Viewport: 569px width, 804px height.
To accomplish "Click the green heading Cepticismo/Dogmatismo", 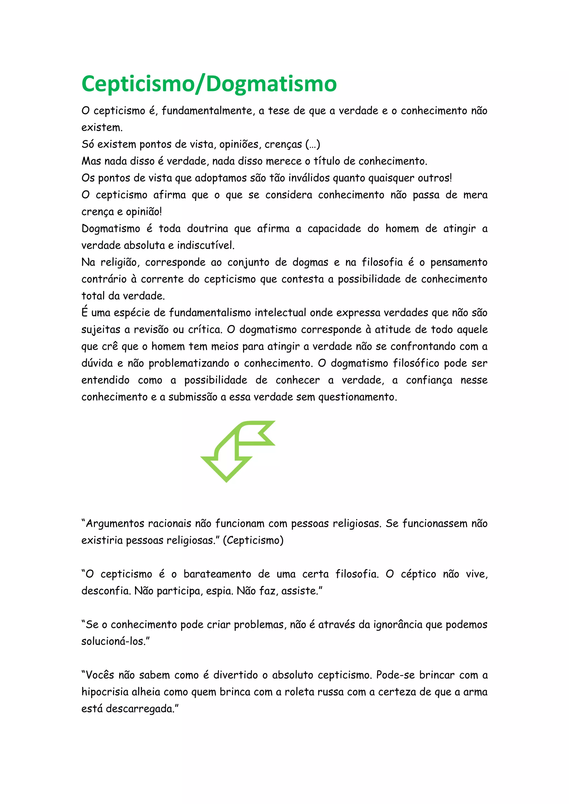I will pos(209,84).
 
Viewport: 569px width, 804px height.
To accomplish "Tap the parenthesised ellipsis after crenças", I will pos(313,144).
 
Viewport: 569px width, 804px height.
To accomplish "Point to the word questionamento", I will pos(357,397).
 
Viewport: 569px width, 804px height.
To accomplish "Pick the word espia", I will pos(219,591).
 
